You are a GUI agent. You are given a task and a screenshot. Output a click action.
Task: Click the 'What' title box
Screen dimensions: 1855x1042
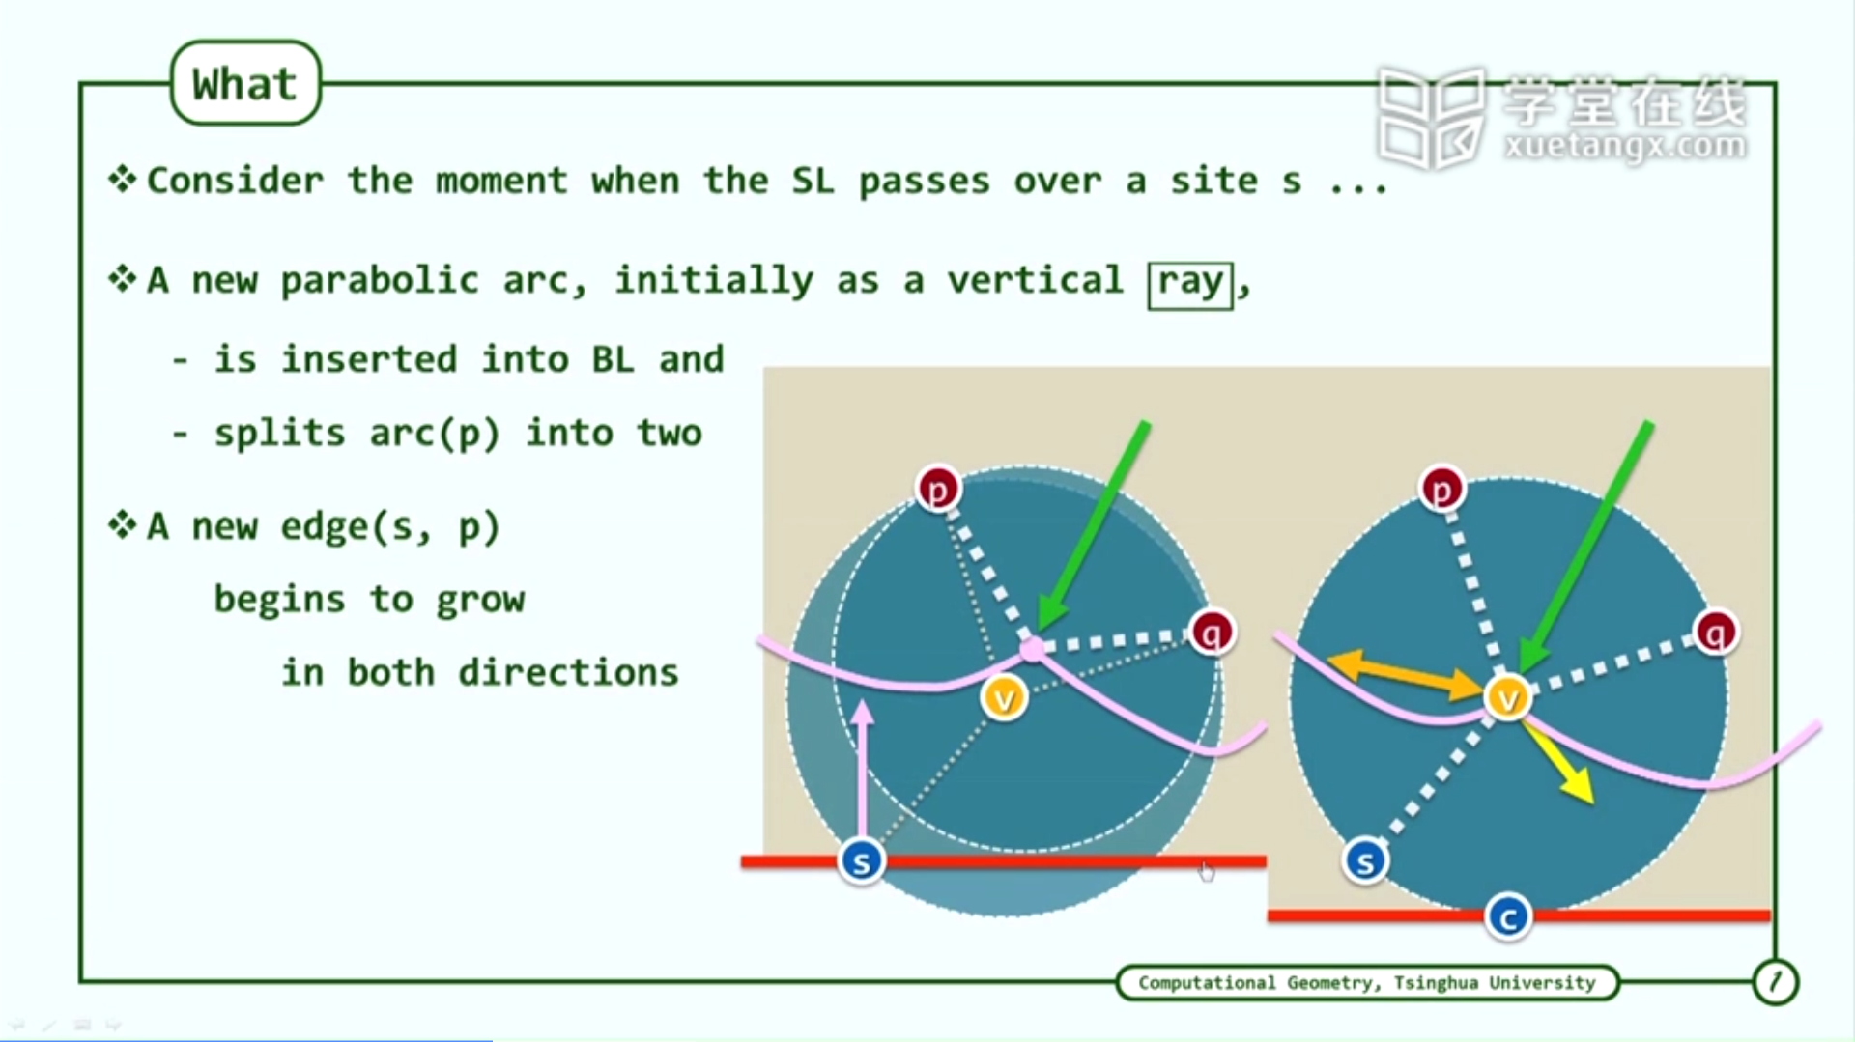point(245,83)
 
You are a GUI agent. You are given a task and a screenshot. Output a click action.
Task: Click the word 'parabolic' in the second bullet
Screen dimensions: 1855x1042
point(380,281)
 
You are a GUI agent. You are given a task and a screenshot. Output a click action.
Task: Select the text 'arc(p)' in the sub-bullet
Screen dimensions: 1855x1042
point(435,433)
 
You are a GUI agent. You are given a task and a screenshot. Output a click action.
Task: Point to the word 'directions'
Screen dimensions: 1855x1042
point(569,672)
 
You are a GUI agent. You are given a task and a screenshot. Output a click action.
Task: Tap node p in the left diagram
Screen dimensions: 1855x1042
point(938,490)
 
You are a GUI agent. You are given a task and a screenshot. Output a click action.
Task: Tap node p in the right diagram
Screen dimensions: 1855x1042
point(1442,490)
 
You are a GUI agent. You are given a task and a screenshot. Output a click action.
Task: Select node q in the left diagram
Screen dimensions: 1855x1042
point(1213,633)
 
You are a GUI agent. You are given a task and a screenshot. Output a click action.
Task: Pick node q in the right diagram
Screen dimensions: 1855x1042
point(1717,633)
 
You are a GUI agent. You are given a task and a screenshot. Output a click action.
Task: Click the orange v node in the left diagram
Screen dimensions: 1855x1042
point(1004,697)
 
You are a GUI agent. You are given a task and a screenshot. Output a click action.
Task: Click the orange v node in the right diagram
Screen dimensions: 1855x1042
point(1508,697)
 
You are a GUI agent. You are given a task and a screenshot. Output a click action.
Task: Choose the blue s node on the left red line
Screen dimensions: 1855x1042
point(862,861)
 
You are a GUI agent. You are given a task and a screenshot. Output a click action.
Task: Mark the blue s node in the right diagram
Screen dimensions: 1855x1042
point(1365,861)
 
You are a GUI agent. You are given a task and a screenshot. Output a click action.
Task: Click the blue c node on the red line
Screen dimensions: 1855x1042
point(1508,917)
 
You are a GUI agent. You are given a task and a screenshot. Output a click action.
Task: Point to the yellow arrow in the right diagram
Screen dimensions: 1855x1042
point(1557,762)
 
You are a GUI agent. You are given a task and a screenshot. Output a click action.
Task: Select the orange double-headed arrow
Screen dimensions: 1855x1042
point(1405,675)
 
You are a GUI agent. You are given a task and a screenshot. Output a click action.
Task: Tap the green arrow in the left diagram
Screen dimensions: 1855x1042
point(1093,526)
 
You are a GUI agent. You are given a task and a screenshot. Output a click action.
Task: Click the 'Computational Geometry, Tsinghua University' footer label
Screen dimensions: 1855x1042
point(1367,983)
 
